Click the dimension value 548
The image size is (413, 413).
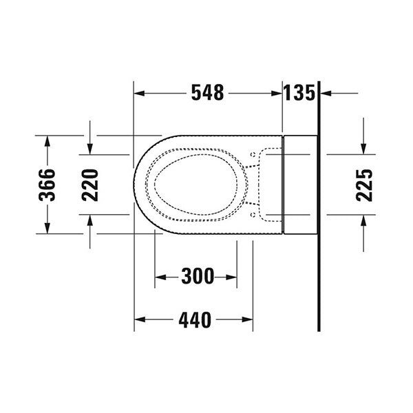(x=208, y=93)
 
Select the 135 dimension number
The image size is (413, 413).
(x=299, y=93)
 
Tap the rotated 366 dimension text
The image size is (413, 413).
(x=47, y=184)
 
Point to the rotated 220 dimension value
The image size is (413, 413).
(x=90, y=184)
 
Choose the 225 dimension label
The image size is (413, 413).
(x=364, y=184)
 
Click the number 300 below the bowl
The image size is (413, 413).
(x=197, y=277)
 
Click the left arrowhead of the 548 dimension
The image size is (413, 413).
(x=138, y=93)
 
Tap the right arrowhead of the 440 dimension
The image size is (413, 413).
(x=248, y=319)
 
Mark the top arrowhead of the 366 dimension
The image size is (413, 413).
(x=47, y=140)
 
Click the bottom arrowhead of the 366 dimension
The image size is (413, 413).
(x=47, y=229)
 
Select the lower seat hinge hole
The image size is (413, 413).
(x=253, y=215)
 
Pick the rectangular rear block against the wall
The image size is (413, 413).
(x=300, y=184)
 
